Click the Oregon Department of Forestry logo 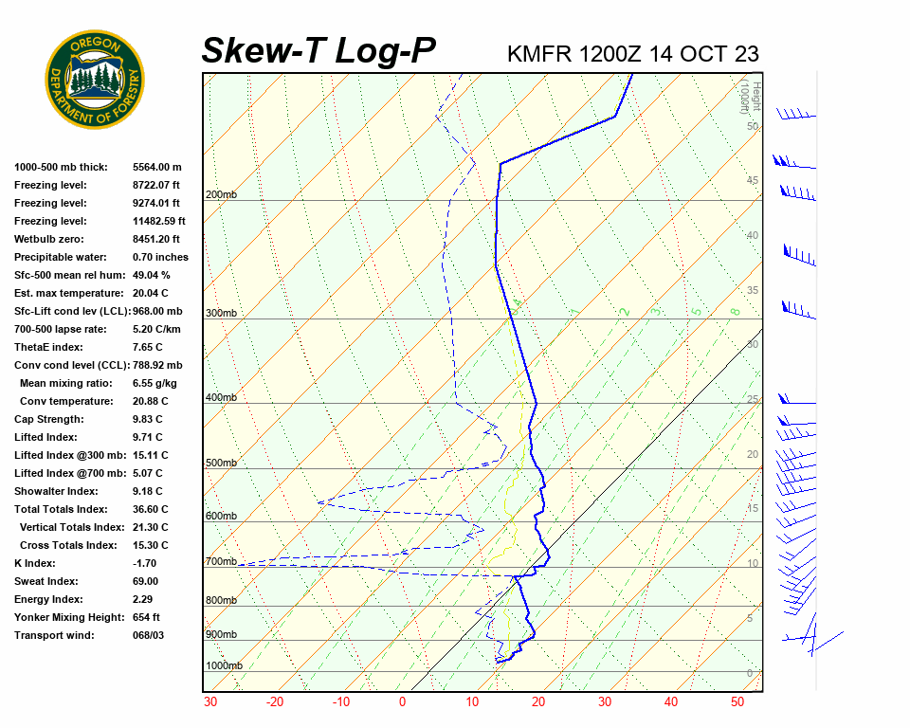click(x=95, y=80)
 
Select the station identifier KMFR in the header click(x=539, y=53)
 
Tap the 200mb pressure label click(x=221, y=195)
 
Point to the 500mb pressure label click(x=221, y=464)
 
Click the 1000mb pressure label click(x=224, y=666)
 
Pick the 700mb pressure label click(x=221, y=562)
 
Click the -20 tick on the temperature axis click(x=275, y=702)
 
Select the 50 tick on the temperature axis click(x=737, y=702)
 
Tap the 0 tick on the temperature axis click(x=402, y=702)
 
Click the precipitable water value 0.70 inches click(x=160, y=257)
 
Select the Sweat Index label click(x=46, y=581)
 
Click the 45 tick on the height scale click(x=753, y=180)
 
